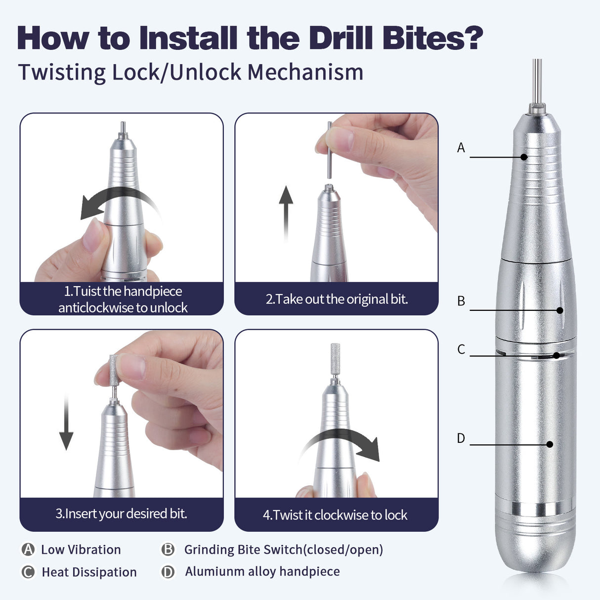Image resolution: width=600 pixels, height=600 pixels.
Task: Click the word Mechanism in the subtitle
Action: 305,72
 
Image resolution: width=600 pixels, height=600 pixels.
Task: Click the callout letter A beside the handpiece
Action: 461,148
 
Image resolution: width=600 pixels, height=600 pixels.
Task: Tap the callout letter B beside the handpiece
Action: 461,301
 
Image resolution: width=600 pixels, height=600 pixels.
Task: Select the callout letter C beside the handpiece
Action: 461,349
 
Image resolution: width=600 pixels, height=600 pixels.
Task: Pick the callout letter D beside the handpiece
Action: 461,438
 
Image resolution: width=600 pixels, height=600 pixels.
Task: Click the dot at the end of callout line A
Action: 524,157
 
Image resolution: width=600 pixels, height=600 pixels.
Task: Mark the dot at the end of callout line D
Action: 550,444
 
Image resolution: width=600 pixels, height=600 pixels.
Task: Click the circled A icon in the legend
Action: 28,550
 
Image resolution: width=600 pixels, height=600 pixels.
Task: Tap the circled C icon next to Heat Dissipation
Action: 28,572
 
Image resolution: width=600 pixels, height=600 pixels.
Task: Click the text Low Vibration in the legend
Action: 81,550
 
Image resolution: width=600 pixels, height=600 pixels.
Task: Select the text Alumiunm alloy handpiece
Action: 262,571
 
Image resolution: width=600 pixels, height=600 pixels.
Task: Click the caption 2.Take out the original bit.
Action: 337,299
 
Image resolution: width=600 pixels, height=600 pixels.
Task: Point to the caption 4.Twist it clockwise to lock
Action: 335,515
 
